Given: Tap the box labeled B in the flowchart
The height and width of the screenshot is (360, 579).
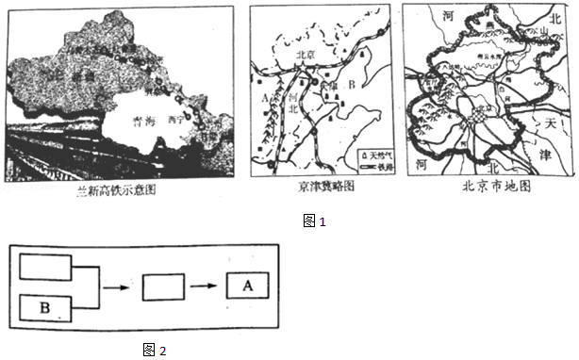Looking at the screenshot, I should (x=45, y=307).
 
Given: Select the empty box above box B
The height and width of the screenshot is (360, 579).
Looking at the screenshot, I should (x=45, y=266).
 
